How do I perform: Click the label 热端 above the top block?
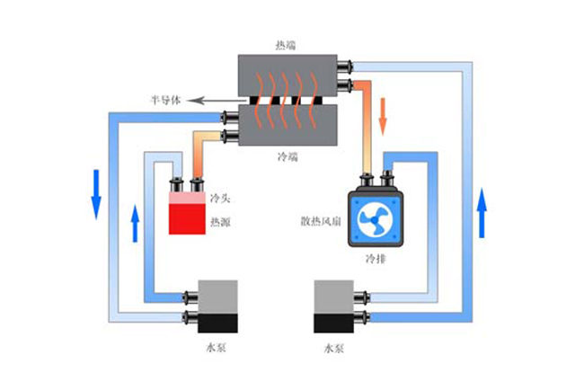[x=287, y=43]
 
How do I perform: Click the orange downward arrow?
[x=385, y=114]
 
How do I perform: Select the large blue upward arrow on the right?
[x=482, y=212]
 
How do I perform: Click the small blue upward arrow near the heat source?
[x=135, y=223]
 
